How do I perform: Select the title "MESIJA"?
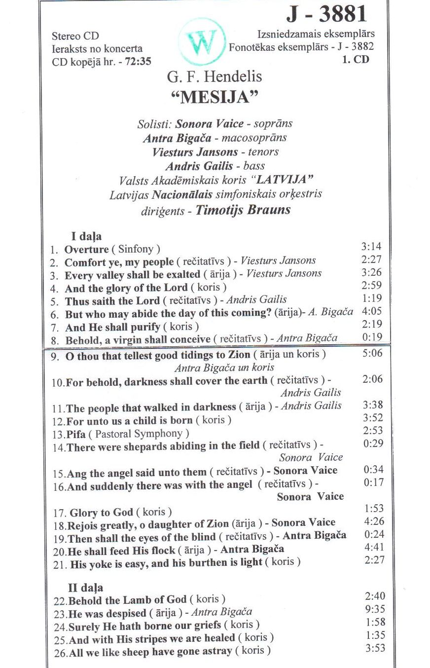[x=215, y=97]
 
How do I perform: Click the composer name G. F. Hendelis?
[x=215, y=76]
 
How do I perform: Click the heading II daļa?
[x=85, y=587]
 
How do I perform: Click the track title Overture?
[x=86, y=250]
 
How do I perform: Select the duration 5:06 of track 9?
[x=372, y=353]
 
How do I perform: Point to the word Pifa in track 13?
[x=76, y=434]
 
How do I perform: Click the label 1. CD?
[x=355, y=60]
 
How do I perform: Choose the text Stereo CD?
[x=75, y=36]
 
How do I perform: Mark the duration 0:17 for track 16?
[x=373, y=482]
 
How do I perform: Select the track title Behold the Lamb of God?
[x=127, y=600]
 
